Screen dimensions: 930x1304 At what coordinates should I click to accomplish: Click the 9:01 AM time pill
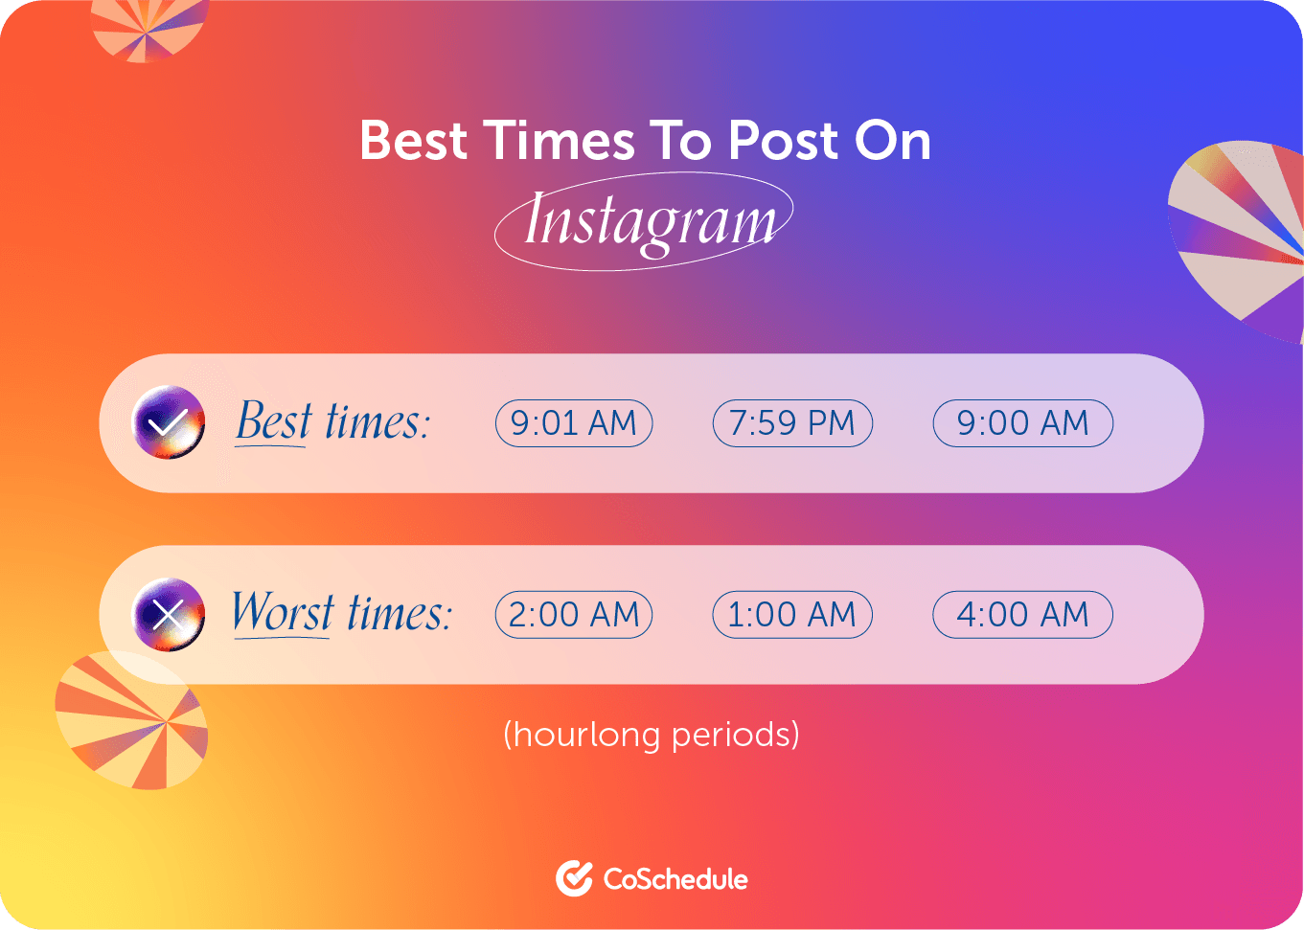click(573, 423)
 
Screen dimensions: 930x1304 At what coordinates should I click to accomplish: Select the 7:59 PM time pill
click(792, 423)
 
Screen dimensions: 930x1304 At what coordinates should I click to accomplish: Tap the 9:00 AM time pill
click(1022, 423)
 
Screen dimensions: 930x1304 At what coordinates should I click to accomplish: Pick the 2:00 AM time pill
click(573, 615)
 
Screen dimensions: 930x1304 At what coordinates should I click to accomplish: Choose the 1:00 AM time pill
click(792, 615)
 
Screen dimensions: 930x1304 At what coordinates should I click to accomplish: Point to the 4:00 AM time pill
click(1022, 615)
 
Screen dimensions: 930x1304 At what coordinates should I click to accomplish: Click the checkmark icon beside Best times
click(169, 422)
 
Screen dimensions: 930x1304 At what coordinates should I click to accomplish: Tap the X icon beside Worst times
click(169, 615)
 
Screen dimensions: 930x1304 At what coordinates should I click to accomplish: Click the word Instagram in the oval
click(649, 221)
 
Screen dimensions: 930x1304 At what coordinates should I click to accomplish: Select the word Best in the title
click(414, 141)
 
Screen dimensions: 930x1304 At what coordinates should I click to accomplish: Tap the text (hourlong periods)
click(652, 735)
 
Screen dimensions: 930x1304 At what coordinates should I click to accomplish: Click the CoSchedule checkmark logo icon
click(574, 878)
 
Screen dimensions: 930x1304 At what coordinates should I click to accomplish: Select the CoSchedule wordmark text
click(675, 879)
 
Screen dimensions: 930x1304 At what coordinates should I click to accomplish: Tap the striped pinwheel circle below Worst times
click(131, 720)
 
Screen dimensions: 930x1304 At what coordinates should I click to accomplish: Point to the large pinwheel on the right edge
click(1241, 239)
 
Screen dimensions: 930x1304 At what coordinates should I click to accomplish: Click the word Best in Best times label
click(274, 421)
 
